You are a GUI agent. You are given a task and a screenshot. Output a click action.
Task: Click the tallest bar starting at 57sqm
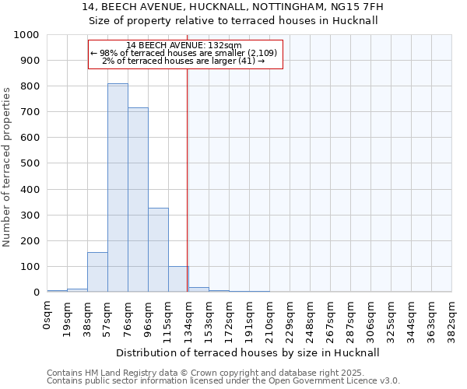click(118, 187)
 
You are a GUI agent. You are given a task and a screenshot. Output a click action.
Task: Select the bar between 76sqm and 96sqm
click(138, 200)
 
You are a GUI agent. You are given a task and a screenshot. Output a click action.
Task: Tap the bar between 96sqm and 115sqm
click(158, 250)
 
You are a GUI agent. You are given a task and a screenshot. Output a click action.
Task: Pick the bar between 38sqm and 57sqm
click(97, 272)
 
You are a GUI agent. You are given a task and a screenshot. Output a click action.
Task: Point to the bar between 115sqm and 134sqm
click(178, 279)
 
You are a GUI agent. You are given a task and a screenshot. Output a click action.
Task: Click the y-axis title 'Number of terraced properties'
click(7, 166)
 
